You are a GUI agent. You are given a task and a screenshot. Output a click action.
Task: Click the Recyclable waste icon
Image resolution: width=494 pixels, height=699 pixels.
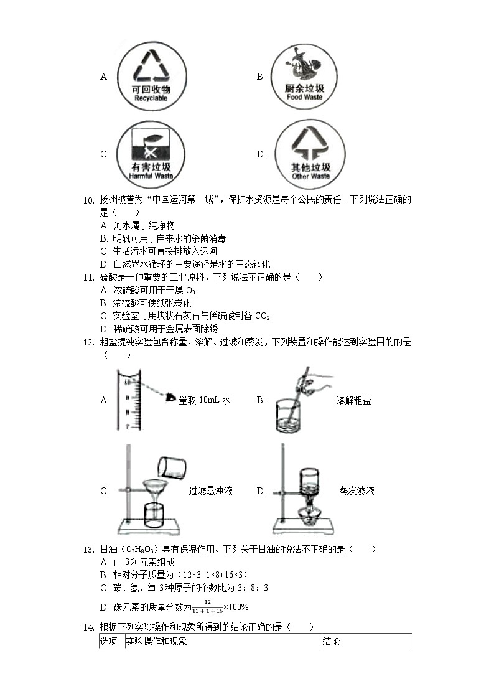(151, 77)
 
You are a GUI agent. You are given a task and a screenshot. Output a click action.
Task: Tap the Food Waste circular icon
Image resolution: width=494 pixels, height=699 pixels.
(304, 77)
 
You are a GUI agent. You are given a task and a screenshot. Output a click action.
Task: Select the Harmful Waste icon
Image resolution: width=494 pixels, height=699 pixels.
(152, 154)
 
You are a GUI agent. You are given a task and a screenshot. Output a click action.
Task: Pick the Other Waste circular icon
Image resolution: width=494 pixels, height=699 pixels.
(310, 154)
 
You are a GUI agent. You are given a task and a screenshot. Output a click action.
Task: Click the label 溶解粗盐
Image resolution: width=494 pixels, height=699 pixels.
(353, 400)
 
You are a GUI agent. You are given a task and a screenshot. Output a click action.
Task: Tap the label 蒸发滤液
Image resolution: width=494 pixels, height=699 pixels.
(357, 491)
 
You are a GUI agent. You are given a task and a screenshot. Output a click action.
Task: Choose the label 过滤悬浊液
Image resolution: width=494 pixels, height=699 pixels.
(210, 491)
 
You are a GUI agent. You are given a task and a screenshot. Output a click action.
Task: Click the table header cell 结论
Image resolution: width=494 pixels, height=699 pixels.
(331, 641)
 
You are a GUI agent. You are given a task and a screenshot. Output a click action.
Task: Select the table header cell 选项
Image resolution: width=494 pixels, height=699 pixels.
(109, 641)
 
